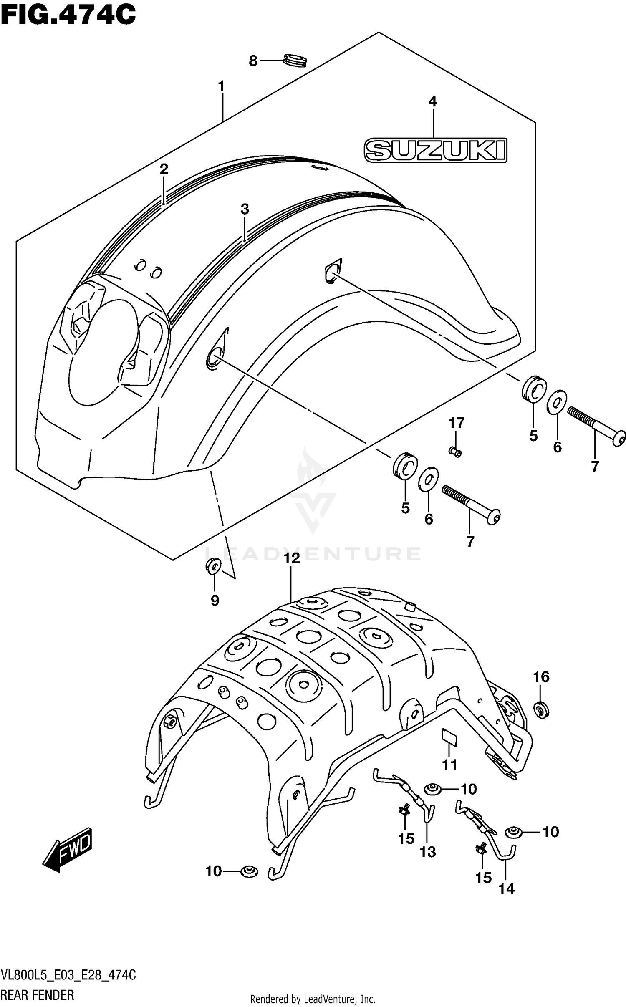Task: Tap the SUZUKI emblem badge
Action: coord(435,150)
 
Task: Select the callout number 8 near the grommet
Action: coord(253,61)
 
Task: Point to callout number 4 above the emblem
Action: coord(433,101)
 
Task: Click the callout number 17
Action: coord(456,423)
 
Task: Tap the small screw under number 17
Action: coord(455,452)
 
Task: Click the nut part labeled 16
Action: coord(541,710)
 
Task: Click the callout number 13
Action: coord(428,852)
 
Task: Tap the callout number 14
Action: coord(506,889)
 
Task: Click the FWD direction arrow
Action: coord(67,850)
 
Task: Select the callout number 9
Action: coord(215,600)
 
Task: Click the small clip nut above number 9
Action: coord(213,567)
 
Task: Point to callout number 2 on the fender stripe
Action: coord(164,169)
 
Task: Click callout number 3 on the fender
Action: coord(245,209)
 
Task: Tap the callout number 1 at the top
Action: coord(221,86)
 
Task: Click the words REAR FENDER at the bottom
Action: coord(38,995)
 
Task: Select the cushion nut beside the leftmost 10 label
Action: coord(249,871)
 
